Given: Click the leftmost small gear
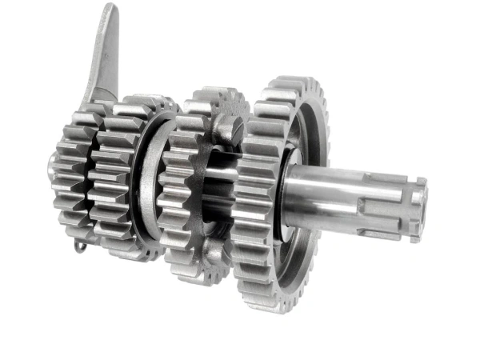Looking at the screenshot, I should [x=70, y=184].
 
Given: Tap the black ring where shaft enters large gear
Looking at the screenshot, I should [x=282, y=192].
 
